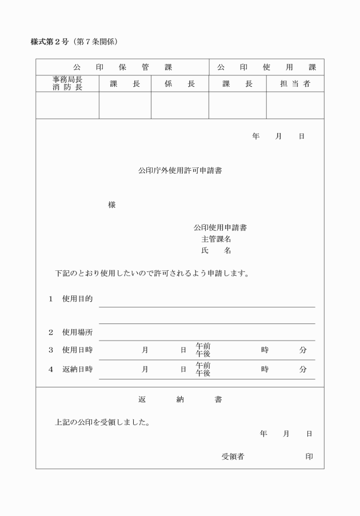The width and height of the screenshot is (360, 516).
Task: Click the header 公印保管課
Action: coord(122,67)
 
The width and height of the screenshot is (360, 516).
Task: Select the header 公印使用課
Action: coord(266,67)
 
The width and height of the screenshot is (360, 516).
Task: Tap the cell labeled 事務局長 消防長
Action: coord(67,83)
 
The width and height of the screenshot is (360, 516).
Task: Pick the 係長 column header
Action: coord(179,83)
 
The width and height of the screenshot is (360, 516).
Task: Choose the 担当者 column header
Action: coord(295,83)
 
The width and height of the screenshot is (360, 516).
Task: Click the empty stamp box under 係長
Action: coord(179,105)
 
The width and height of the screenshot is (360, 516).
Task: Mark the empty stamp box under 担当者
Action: coord(295,105)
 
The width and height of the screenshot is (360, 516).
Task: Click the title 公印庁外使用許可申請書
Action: coord(180,170)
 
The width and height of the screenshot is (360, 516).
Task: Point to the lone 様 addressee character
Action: coord(111,205)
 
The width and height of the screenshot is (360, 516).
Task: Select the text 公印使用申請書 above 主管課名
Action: coord(220,227)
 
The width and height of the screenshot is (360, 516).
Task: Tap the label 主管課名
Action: coord(216,239)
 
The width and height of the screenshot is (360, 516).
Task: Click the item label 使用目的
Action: coord(77,299)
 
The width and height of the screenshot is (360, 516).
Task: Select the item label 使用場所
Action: coord(77,332)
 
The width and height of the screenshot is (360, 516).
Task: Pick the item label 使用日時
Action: coord(77,350)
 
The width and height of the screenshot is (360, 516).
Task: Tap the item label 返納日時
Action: coord(77,369)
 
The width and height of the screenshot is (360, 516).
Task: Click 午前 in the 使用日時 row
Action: coord(203,346)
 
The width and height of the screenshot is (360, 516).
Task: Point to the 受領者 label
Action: coord(233,456)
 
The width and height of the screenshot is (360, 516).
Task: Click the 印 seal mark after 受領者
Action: coord(309,456)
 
